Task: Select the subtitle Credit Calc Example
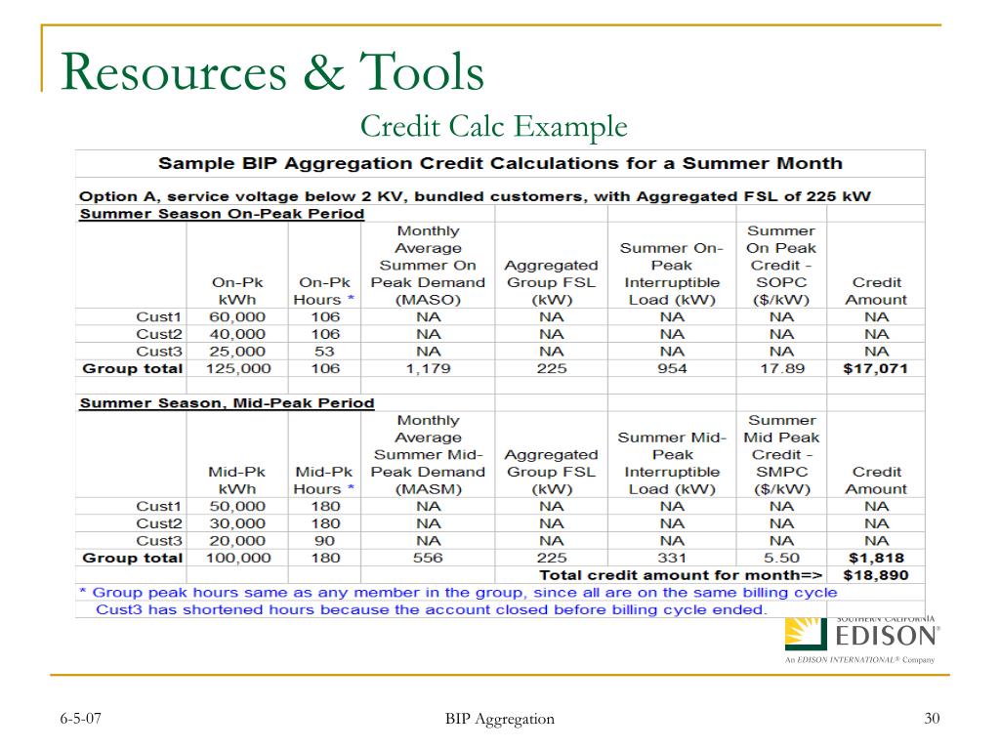[493, 126]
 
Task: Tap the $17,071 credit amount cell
[875, 368]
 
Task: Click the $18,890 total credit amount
[875, 574]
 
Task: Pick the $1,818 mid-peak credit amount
[875, 558]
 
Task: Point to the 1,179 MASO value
[428, 368]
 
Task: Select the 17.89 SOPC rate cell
[781, 368]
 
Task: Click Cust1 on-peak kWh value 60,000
[236, 316]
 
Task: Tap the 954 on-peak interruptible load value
[672, 368]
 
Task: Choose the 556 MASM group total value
[428, 558]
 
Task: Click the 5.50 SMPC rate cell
[781, 558]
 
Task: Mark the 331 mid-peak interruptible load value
[672, 558]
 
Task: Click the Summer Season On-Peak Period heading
[222, 213]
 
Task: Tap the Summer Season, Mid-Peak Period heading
[227, 402]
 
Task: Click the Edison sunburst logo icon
[808, 634]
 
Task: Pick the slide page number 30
[931, 720]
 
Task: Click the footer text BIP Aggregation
[499, 720]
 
